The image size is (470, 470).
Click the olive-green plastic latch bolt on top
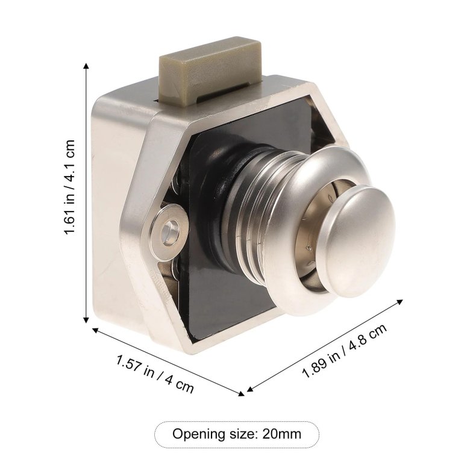tap(210, 72)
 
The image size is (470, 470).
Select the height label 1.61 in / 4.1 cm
tap(69, 187)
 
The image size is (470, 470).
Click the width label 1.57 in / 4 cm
tap(155, 374)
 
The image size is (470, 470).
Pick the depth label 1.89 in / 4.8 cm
tap(345, 351)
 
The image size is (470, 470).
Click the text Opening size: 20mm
tap(236, 434)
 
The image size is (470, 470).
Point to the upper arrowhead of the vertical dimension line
tap(86, 66)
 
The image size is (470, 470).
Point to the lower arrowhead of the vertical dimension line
tap(86, 320)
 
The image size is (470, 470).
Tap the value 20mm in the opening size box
tap(282, 434)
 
